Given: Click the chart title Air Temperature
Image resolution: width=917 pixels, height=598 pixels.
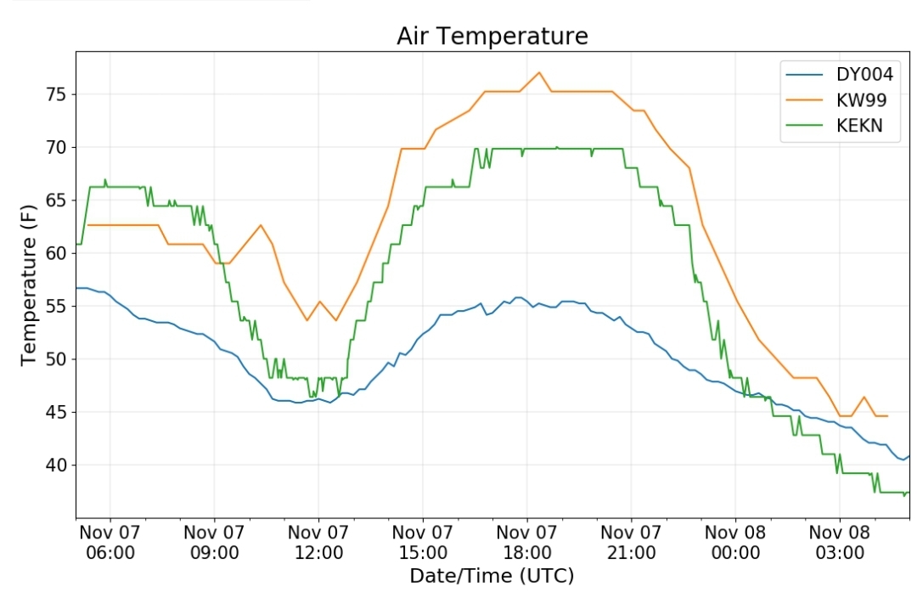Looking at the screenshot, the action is tap(492, 37).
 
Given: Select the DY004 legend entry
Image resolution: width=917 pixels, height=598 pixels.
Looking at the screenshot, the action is tap(840, 74).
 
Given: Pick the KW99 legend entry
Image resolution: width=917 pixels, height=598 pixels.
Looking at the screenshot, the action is tap(836, 100).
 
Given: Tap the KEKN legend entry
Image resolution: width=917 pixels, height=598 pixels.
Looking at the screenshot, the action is tap(835, 126).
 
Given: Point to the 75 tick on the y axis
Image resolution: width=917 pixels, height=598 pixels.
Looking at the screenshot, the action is tap(57, 94).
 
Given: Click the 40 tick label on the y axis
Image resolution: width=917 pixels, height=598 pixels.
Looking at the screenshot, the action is tap(57, 465).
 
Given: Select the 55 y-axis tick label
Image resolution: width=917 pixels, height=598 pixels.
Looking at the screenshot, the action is tap(57, 306).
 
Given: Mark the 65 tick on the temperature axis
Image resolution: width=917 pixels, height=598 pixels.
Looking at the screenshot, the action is tap(57, 200).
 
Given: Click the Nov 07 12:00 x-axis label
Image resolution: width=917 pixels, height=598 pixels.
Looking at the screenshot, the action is tap(318, 543).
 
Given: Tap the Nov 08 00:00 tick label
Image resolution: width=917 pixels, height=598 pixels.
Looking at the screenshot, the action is tap(735, 543).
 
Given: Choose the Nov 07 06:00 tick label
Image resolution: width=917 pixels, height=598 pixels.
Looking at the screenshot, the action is tap(110, 543).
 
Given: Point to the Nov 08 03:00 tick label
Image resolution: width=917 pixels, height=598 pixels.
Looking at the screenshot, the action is tap(840, 543).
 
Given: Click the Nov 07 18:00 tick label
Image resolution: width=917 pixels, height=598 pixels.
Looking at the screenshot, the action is tap(527, 543).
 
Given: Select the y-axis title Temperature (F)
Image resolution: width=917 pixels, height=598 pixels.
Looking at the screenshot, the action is tap(29, 285).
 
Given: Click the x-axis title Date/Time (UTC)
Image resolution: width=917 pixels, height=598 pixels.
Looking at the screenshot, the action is tap(492, 577).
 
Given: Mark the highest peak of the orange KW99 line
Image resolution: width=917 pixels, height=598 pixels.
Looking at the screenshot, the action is tap(539, 72).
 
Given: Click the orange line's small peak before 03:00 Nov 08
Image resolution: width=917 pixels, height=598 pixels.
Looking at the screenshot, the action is tap(864, 397).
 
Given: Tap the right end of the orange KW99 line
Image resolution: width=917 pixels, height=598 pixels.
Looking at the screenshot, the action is tap(888, 416).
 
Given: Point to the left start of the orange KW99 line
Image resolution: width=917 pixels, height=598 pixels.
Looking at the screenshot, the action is tap(87, 225).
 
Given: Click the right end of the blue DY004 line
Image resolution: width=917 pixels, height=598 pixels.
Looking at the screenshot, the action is tap(909, 456).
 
